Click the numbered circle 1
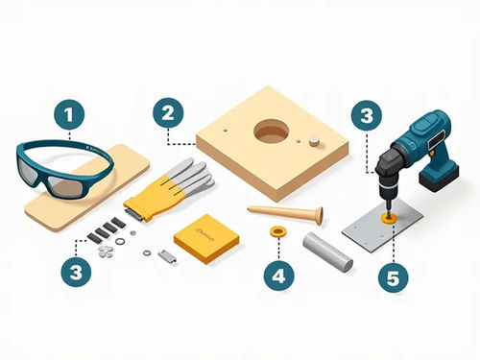(x=67, y=117)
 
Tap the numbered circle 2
(x=168, y=113)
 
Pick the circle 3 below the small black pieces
(x=75, y=273)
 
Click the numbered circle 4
(x=278, y=276)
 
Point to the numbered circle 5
(x=389, y=278)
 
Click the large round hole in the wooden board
(x=272, y=132)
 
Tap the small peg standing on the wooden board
(x=314, y=139)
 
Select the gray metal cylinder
(x=328, y=248)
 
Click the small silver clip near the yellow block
(x=166, y=255)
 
